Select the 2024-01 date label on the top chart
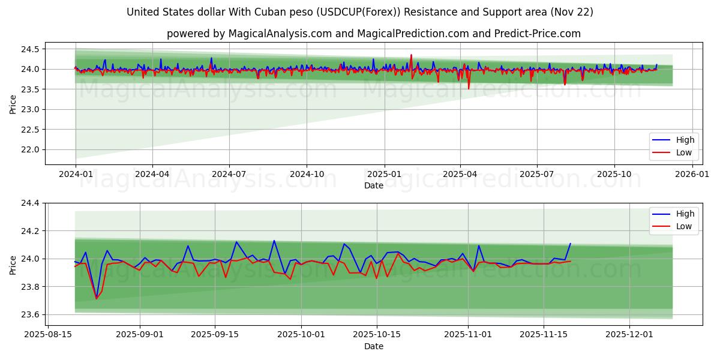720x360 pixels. pyautogui.click(x=75, y=174)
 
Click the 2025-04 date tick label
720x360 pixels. pyautogui.click(x=460, y=174)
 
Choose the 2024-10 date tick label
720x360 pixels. pyautogui.click(x=306, y=174)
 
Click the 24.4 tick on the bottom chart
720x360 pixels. pyautogui.click(x=29, y=203)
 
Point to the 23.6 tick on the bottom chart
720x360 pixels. pyautogui.click(x=29, y=315)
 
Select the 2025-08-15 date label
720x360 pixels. pyautogui.click(x=48, y=334)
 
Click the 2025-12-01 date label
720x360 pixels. pyautogui.click(x=629, y=334)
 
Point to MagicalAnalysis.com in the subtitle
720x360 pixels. pyautogui.click(x=280, y=34)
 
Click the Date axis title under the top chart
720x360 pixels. pyautogui.click(x=373, y=185)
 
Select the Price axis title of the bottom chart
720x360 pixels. pyautogui.click(x=13, y=264)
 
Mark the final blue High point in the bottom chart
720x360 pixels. pyautogui.click(x=570, y=244)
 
